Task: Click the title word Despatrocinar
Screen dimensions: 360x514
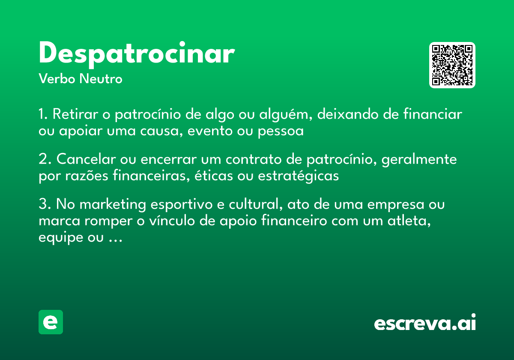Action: [x=136, y=54]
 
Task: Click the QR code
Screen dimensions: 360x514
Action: [x=452, y=65]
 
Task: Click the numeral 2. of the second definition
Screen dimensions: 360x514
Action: [x=45, y=159]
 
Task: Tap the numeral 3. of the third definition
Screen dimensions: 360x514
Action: [x=45, y=204]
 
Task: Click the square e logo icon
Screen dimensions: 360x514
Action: [x=51, y=322]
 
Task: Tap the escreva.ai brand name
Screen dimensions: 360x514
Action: [x=425, y=323]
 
